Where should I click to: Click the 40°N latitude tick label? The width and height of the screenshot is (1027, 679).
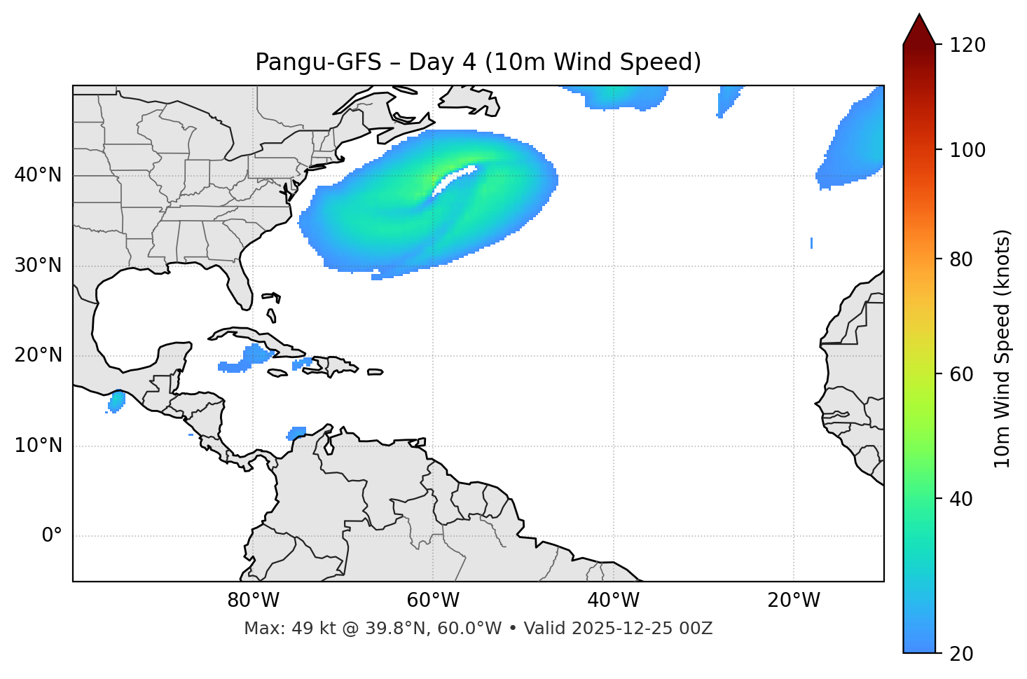pyautogui.click(x=38, y=175)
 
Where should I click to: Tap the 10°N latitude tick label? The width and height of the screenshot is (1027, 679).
pyautogui.click(x=38, y=446)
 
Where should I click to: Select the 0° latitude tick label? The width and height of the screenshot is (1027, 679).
pyautogui.click(x=52, y=536)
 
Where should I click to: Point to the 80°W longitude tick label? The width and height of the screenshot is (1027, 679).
pyautogui.click(x=253, y=601)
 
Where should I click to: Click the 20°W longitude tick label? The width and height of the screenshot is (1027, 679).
pyautogui.click(x=794, y=601)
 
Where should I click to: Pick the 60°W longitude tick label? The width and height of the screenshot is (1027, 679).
pyautogui.click(x=433, y=601)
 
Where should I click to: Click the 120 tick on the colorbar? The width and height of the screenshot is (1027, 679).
pyautogui.click(x=967, y=46)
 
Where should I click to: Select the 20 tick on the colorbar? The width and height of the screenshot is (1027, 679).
pyautogui.click(x=961, y=654)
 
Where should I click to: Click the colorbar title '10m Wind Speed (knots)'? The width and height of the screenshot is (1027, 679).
pyautogui.click(x=1002, y=348)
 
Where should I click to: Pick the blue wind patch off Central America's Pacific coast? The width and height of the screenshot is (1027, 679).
pyautogui.click(x=116, y=402)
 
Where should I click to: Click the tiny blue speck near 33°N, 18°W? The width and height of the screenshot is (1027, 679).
pyautogui.click(x=811, y=242)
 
